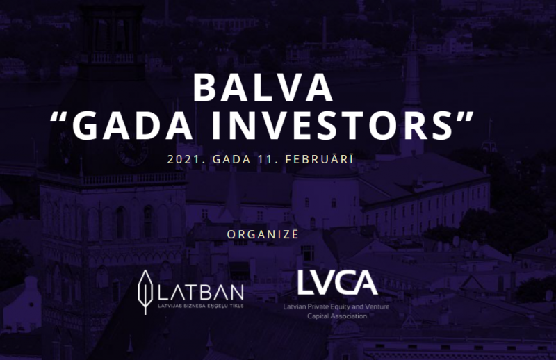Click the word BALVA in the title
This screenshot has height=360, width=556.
(x=263, y=88)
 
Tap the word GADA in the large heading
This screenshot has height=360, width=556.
(x=133, y=125)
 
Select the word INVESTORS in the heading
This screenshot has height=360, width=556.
(x=333, y=125)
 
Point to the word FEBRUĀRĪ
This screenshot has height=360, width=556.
(x=319, y=159)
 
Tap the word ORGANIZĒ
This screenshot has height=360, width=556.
(x=263, y=234)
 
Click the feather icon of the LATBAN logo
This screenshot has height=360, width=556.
(x=145, y=292)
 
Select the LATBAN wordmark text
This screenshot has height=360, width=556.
(x=200, y=293)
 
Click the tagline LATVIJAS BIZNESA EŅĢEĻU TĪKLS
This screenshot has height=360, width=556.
(x=201, y=306)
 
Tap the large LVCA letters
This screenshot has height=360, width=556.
(x=337, y=282)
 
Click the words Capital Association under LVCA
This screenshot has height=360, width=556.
(x=337, y=316)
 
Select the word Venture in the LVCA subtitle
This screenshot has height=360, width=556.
(x=377, y=306)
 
